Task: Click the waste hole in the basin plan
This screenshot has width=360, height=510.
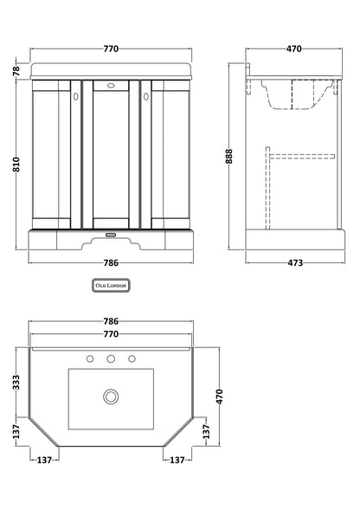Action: coord(110,396)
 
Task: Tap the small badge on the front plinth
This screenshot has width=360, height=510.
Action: coord(111,233)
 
